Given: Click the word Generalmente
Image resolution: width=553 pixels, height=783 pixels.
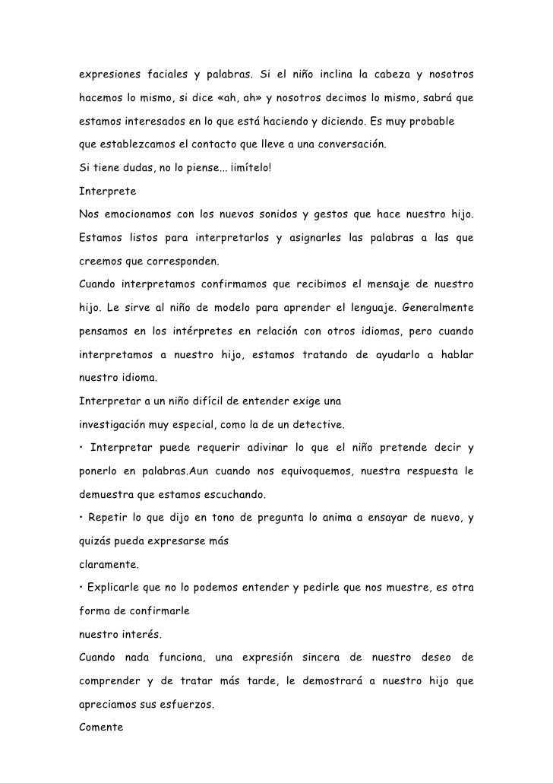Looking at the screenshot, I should click(x=437, y=309).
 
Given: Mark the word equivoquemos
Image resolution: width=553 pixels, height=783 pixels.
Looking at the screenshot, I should click(x=299, y=472).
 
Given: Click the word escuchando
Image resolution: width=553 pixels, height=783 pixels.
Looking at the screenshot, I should click(x=229, y=495).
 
